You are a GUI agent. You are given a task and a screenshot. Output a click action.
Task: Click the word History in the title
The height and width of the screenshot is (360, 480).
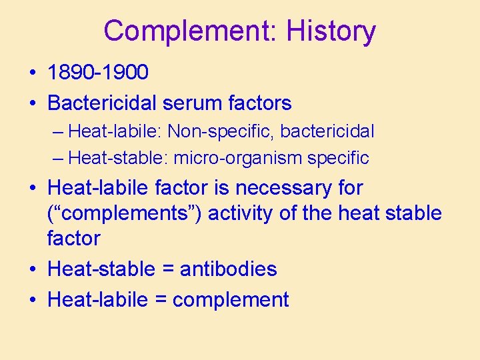click(331, 31)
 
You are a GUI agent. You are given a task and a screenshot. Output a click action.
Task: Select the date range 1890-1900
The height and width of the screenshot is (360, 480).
click(98, 72)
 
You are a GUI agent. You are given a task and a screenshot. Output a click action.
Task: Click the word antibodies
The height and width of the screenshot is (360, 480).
click(229, 269)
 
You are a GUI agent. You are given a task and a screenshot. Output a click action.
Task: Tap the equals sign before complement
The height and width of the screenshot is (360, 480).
click(160, 300)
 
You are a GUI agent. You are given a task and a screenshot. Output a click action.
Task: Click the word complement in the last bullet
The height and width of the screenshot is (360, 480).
click(231, 301)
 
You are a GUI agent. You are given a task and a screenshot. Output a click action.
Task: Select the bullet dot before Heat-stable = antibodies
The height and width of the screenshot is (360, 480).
click(33, 269)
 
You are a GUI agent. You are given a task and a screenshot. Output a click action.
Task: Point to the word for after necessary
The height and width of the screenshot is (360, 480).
click(350, 188)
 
